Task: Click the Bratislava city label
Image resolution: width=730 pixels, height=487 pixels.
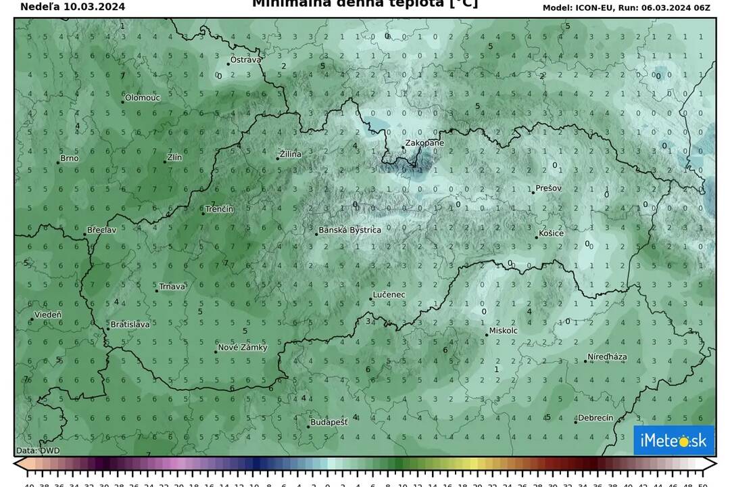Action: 130,325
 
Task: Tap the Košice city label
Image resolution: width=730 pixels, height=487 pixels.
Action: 551,233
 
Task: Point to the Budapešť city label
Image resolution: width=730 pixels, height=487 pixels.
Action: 329,422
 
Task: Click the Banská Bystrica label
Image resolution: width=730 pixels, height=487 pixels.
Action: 350,230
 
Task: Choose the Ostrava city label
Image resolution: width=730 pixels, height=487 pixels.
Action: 245,60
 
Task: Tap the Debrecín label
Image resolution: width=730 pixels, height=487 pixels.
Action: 596,418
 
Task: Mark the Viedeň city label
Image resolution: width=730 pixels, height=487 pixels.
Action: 48,315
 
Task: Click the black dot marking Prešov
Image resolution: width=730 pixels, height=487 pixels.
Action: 533,193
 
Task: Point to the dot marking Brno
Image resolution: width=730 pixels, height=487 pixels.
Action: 58,162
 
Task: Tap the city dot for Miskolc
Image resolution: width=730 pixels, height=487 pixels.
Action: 486,335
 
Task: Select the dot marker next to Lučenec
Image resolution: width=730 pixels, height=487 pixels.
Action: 371,299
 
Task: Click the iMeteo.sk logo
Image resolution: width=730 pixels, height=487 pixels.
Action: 673,441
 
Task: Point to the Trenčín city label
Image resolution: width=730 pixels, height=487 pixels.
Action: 220,209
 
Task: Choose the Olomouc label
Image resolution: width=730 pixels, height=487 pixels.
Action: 143,98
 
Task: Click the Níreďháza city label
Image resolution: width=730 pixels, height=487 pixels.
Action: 607,356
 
